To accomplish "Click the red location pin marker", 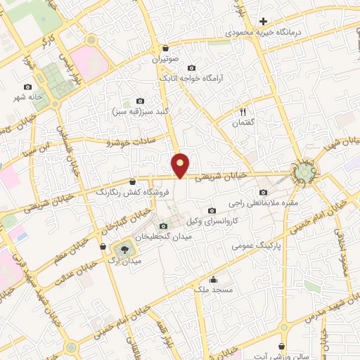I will pos(181,164).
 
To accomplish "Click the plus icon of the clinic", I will pos(263,21).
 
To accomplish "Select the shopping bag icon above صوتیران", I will pos(165,49).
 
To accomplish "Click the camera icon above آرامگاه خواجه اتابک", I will pos(191,68).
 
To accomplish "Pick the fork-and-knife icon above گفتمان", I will pos(243,111).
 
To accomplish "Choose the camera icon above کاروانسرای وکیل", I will pos(212,210).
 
